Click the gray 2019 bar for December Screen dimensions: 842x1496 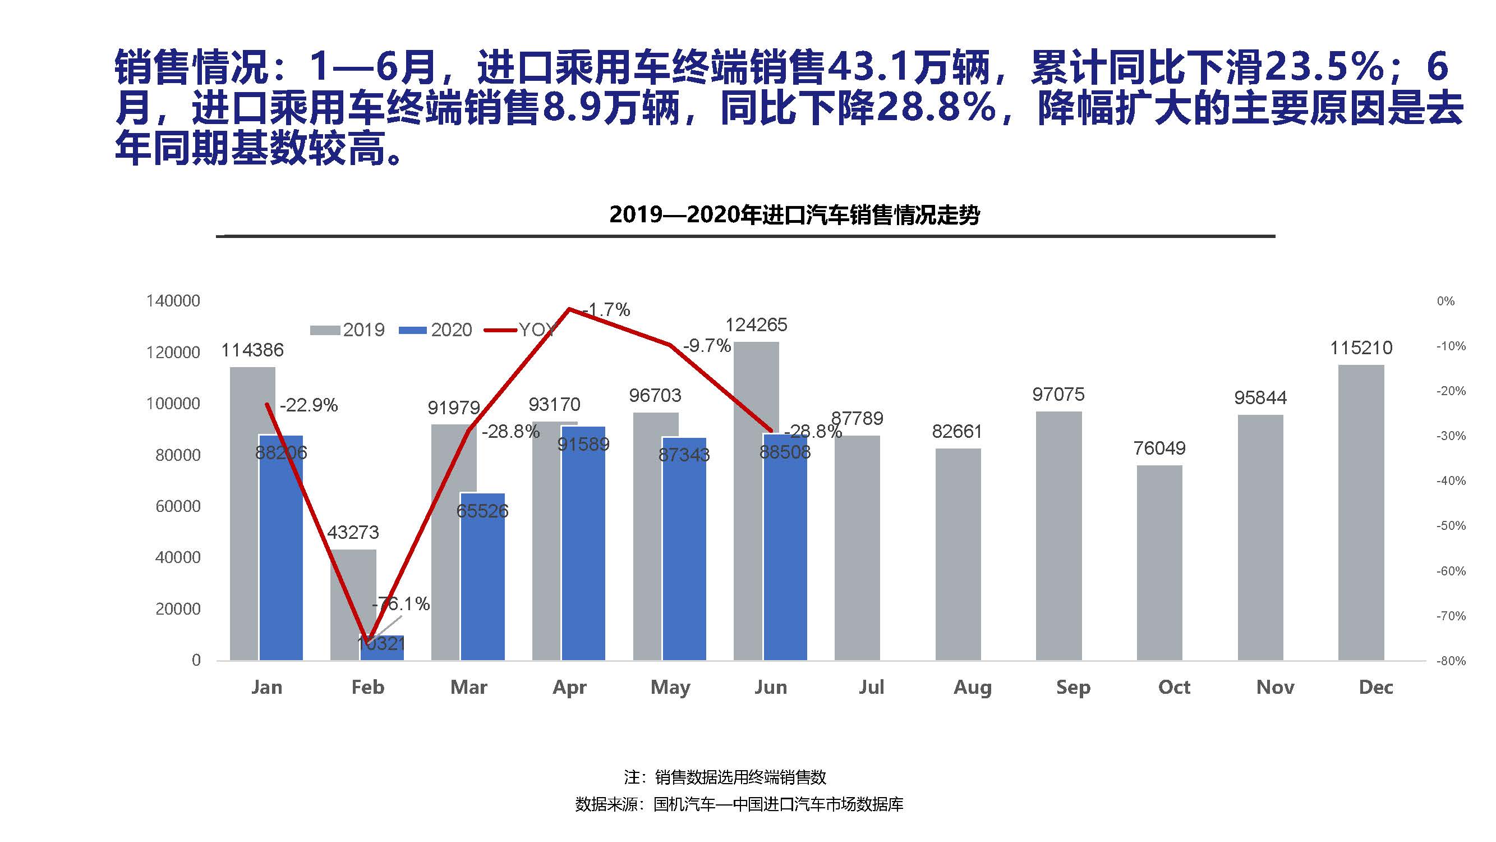coord(1361,511)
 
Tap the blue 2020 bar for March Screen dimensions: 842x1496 coord(482,581)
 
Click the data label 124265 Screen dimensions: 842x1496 coord(756,325)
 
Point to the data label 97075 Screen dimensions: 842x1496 coord(1058,395)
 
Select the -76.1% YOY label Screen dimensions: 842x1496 coord(402,605)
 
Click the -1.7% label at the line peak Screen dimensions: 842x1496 coord(607,310)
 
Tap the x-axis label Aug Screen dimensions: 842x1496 coord(972,688)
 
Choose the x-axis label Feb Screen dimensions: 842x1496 coord(367,688)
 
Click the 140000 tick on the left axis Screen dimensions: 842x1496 coord(173,301)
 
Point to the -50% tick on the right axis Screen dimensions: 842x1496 coord(1451,526)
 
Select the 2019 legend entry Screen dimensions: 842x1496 coord(348,330)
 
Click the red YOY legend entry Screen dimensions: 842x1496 coord(520,330)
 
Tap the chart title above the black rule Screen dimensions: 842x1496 coord(794,215)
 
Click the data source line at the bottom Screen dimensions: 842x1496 coord(739,804)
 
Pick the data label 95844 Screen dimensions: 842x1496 coord(1260,398)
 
